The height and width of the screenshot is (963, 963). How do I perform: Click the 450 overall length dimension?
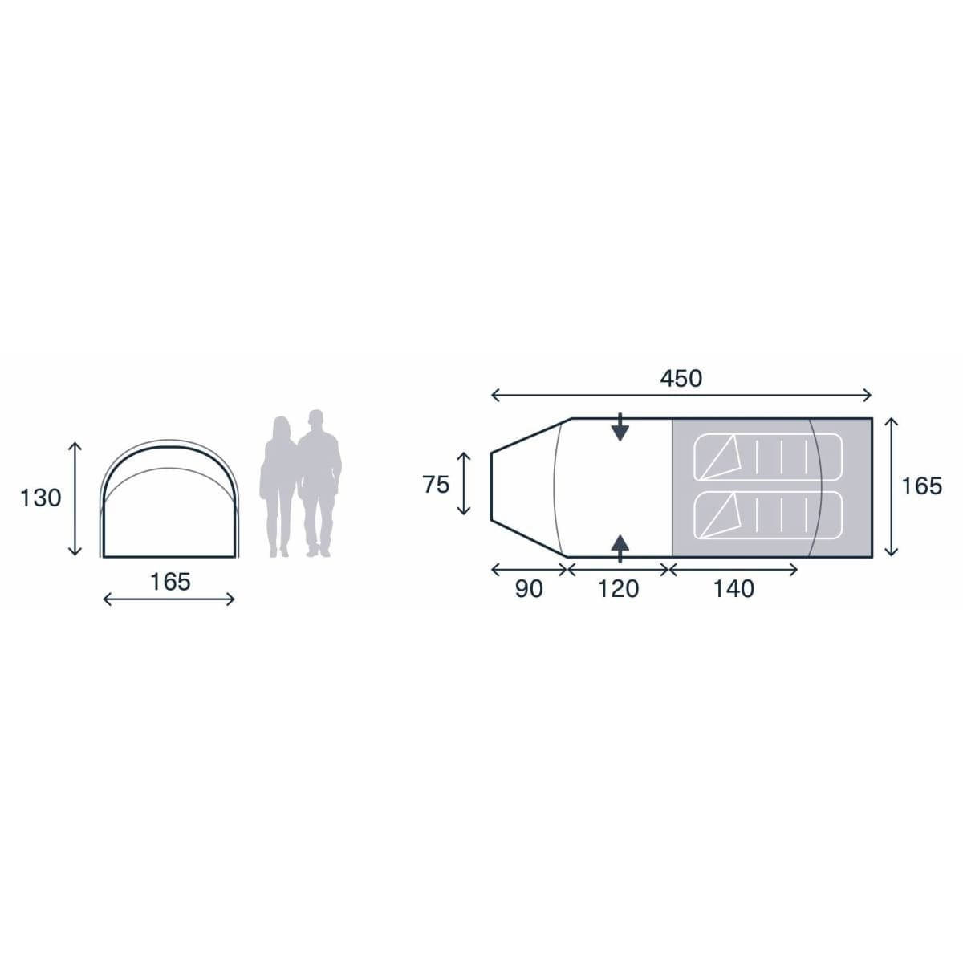pyautogui.click(x=681, y=377)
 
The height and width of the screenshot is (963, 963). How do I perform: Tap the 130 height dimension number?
pyautogui.click(x=40, y=498)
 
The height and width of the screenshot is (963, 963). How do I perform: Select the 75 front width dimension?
pyautogui.click(x=436, y=485)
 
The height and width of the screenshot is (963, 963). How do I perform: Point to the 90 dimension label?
pyautogui.click(x=528, y=589)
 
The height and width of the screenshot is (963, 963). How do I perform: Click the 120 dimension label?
pyautogui.click(x=619, y=589)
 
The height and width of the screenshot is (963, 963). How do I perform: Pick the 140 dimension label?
pyautogui.click(x=733, y=589)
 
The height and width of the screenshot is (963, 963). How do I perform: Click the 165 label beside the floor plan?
pyautogui.click(x=921, y=486)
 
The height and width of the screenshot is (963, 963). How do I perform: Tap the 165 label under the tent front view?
pyautogui.click(x=170, y=582)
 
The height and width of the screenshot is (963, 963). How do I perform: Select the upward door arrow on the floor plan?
pyautogui.click(x=620, y=547)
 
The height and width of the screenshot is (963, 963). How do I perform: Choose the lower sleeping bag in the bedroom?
pyautogui.click(x=768, y=515)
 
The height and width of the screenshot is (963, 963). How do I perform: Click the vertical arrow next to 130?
pyautogui.click(x=75, y=498)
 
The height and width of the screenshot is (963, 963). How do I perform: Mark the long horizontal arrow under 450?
pyautogui.click(x=681, y=395)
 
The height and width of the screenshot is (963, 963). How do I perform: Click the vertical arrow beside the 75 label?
pyautogui.click(x=464, y=484)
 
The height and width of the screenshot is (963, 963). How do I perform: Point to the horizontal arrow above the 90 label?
pyautogui.click(x=529, y=570)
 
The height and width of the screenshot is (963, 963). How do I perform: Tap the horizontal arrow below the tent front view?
pyautogui.click(x=169, y=599)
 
